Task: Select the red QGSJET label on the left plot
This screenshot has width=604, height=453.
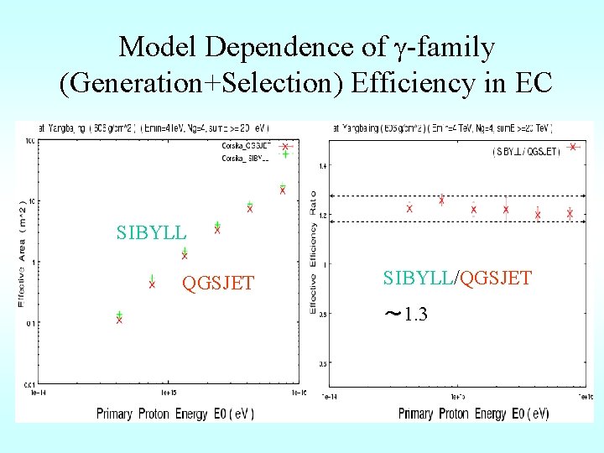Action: [x=218, y=284]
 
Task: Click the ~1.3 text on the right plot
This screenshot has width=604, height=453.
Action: [x=406, y=315]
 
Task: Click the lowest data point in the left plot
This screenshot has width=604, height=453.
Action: [x=119, y=318]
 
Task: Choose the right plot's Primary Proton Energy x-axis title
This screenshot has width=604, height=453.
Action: [x=474, y=413]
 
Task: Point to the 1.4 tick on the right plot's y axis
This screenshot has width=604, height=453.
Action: [x=322, y=166]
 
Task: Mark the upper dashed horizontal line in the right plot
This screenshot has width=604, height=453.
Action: [x=453, y=196]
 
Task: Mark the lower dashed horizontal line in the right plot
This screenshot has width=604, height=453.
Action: [x=453, y=221]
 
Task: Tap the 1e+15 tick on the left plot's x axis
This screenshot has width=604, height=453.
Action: [x=168, y=392]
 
